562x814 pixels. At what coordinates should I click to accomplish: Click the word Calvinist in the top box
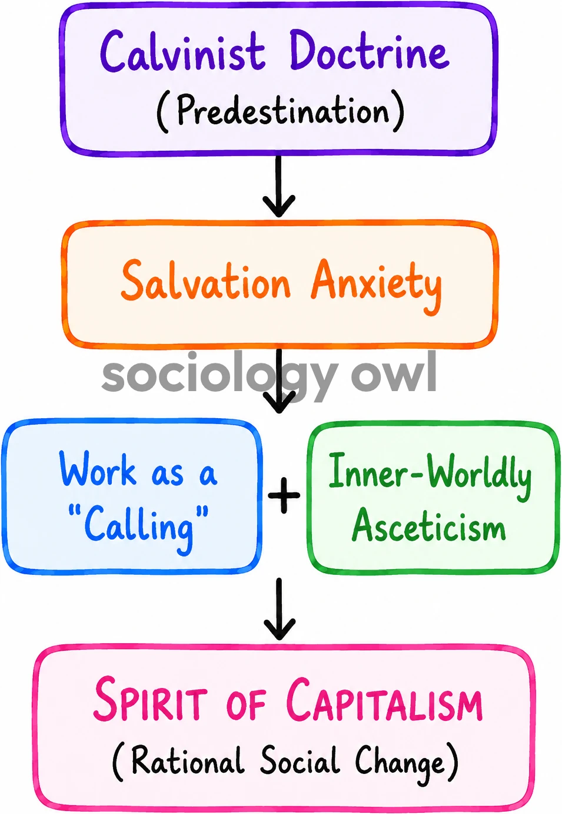[182, 52]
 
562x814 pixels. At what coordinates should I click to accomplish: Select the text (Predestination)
[280, 111]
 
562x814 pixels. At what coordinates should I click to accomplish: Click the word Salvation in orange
[206, 280]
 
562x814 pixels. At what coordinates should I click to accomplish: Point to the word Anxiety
[377, 285]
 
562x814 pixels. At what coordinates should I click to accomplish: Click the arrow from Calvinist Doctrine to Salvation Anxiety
[279, 186]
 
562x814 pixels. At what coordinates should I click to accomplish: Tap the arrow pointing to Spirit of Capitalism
[279, 608]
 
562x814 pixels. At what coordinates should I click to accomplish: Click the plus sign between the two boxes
[284, 495]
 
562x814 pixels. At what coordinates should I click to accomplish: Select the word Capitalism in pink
[384, 700]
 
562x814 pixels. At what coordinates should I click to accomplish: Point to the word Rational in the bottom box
[187, 760]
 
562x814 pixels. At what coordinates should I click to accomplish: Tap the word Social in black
[300, 760]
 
